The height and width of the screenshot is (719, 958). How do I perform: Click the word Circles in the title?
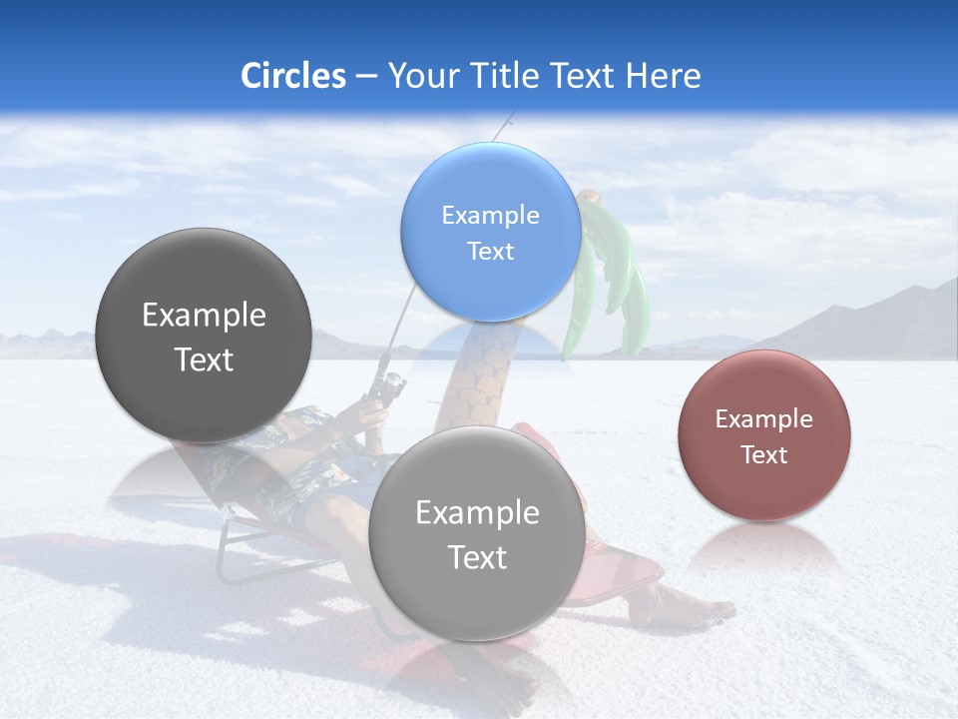point(293,76)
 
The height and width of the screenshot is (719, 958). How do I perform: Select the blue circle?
point(490,233)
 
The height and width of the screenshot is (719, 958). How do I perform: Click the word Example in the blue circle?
point(490,216)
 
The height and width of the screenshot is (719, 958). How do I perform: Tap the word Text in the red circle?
point(763,455)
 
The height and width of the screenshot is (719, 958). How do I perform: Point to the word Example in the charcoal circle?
point(204,316)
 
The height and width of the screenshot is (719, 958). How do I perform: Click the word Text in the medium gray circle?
point(477,557)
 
